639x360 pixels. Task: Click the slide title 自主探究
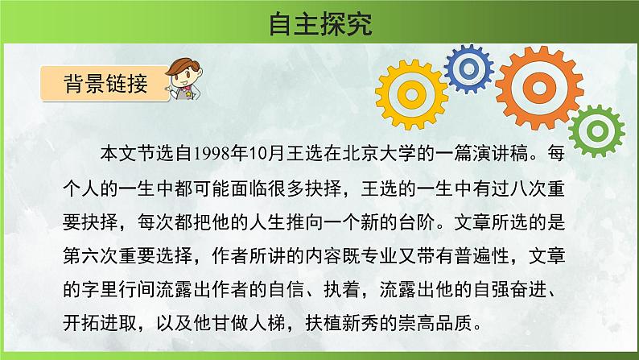coord(319,23)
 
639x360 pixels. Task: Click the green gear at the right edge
coord(599,129)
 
